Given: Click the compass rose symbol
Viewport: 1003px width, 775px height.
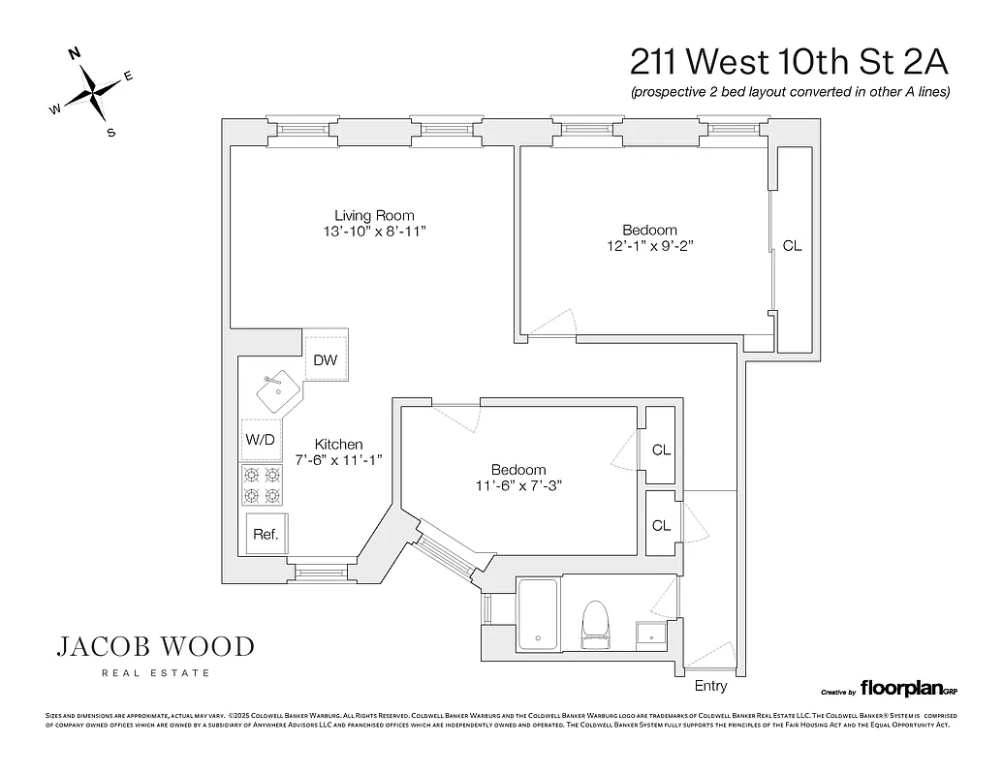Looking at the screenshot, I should point(93,92).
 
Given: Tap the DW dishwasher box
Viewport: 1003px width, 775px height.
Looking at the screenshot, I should point(326,359).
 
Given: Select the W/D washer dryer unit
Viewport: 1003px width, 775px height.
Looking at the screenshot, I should point(261,439).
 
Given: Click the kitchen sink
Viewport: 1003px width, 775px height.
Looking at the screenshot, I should point(278,391).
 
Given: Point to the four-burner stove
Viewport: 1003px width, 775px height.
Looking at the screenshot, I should point(262,484).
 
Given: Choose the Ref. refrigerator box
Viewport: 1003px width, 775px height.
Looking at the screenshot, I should point(266,534).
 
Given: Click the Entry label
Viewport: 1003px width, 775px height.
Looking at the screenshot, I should point(710,686).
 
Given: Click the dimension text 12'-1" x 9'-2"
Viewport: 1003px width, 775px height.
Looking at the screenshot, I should point(649,245).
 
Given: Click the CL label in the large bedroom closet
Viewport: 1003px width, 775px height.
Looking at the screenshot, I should point(792,246).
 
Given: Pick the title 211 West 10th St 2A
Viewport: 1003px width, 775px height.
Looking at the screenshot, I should point(788,61).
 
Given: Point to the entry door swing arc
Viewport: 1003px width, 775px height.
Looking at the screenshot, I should point(710,655).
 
